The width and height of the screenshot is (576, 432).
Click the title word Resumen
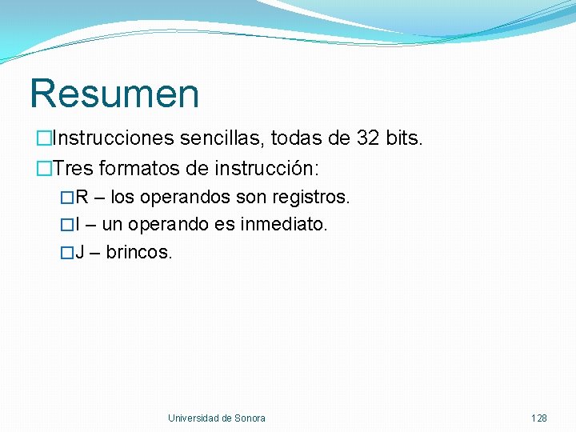pos(114,94)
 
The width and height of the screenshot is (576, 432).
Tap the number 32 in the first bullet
pos(369,139)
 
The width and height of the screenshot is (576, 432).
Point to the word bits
pos(404,139)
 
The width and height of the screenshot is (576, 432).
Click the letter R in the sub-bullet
pos(82,197)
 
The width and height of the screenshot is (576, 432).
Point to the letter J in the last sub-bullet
pos(80,253)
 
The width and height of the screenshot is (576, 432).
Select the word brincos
pos(139,253)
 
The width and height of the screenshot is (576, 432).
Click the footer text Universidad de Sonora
pos(216,418)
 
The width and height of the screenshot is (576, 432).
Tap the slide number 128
pos(539,418)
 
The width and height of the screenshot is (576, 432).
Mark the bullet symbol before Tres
pos(42,170)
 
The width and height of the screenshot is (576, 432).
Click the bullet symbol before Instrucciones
pos(42,139)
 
